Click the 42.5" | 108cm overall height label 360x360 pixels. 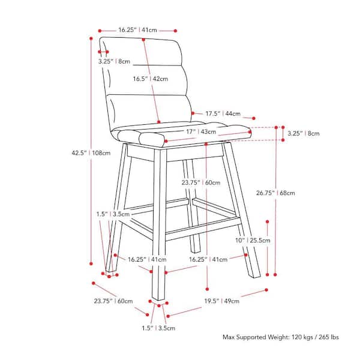coord(91,153)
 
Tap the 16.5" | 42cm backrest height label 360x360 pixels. coord(151,79)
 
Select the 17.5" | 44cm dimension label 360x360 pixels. coord(223,113)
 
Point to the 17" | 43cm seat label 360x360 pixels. coord(201,132)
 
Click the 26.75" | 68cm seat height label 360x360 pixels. coord(275,193)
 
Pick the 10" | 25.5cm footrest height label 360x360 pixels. coord(253,241)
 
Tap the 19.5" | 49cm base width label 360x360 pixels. coord(222,301)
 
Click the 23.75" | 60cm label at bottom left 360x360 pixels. coord(113,301)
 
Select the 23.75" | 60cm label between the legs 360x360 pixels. coord(201,183)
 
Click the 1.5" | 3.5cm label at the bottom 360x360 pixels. coord(158,328)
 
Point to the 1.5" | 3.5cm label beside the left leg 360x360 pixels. coord(113,214)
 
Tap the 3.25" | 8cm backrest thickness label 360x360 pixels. coord(114,61)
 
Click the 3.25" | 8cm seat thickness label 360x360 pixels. coord(304,133)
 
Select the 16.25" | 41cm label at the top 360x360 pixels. coord(138,30)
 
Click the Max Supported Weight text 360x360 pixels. coord(281,337)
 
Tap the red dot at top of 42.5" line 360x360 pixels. coord(91,38)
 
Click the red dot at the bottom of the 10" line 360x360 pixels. coord(267,275)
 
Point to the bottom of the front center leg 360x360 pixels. coord(158,299)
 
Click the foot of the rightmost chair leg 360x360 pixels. coord(256,275)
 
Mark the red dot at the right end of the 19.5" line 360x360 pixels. coord(266,290)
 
